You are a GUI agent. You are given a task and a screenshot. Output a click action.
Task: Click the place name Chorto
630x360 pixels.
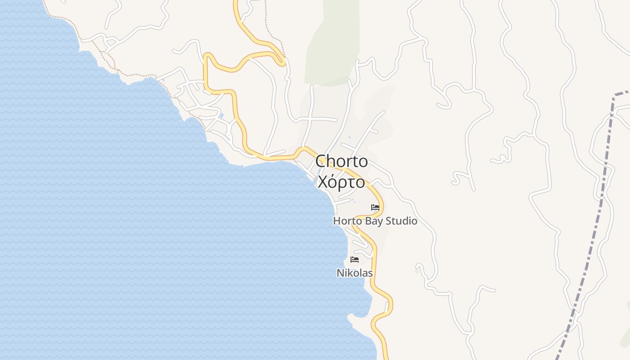tap(342, 161)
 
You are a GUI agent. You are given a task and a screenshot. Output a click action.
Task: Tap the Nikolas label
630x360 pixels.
tap(355, 273)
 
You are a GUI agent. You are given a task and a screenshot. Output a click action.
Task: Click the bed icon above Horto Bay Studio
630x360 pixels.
tap(375, 207)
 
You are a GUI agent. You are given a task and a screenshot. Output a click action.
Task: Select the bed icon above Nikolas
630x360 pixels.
tap(355, 260)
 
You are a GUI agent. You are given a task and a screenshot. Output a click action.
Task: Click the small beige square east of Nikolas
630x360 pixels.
tap(417, 271)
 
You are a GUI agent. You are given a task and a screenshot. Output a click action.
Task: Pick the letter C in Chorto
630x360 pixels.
tap(321, 161)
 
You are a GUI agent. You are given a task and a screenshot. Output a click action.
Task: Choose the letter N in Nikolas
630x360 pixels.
tap(340, 273)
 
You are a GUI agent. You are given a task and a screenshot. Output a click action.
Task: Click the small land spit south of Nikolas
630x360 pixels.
tap(360, 320)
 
